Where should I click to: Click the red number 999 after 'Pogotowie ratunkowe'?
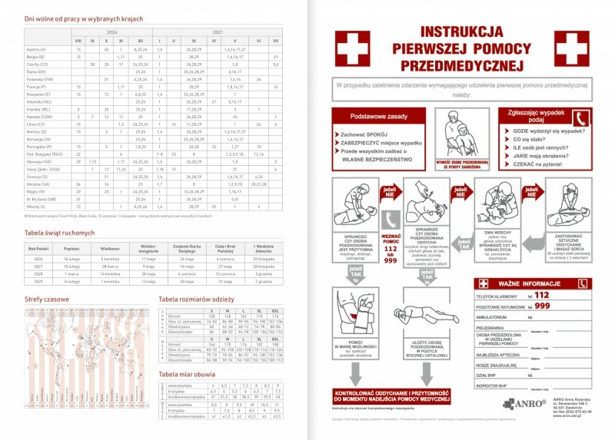click(543, 306)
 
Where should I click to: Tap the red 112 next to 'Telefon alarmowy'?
click(542, 295)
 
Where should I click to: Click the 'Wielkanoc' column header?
click(111, 249)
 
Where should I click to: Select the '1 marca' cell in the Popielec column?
click(71, 273)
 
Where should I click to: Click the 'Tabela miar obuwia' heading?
click(188, 373)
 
